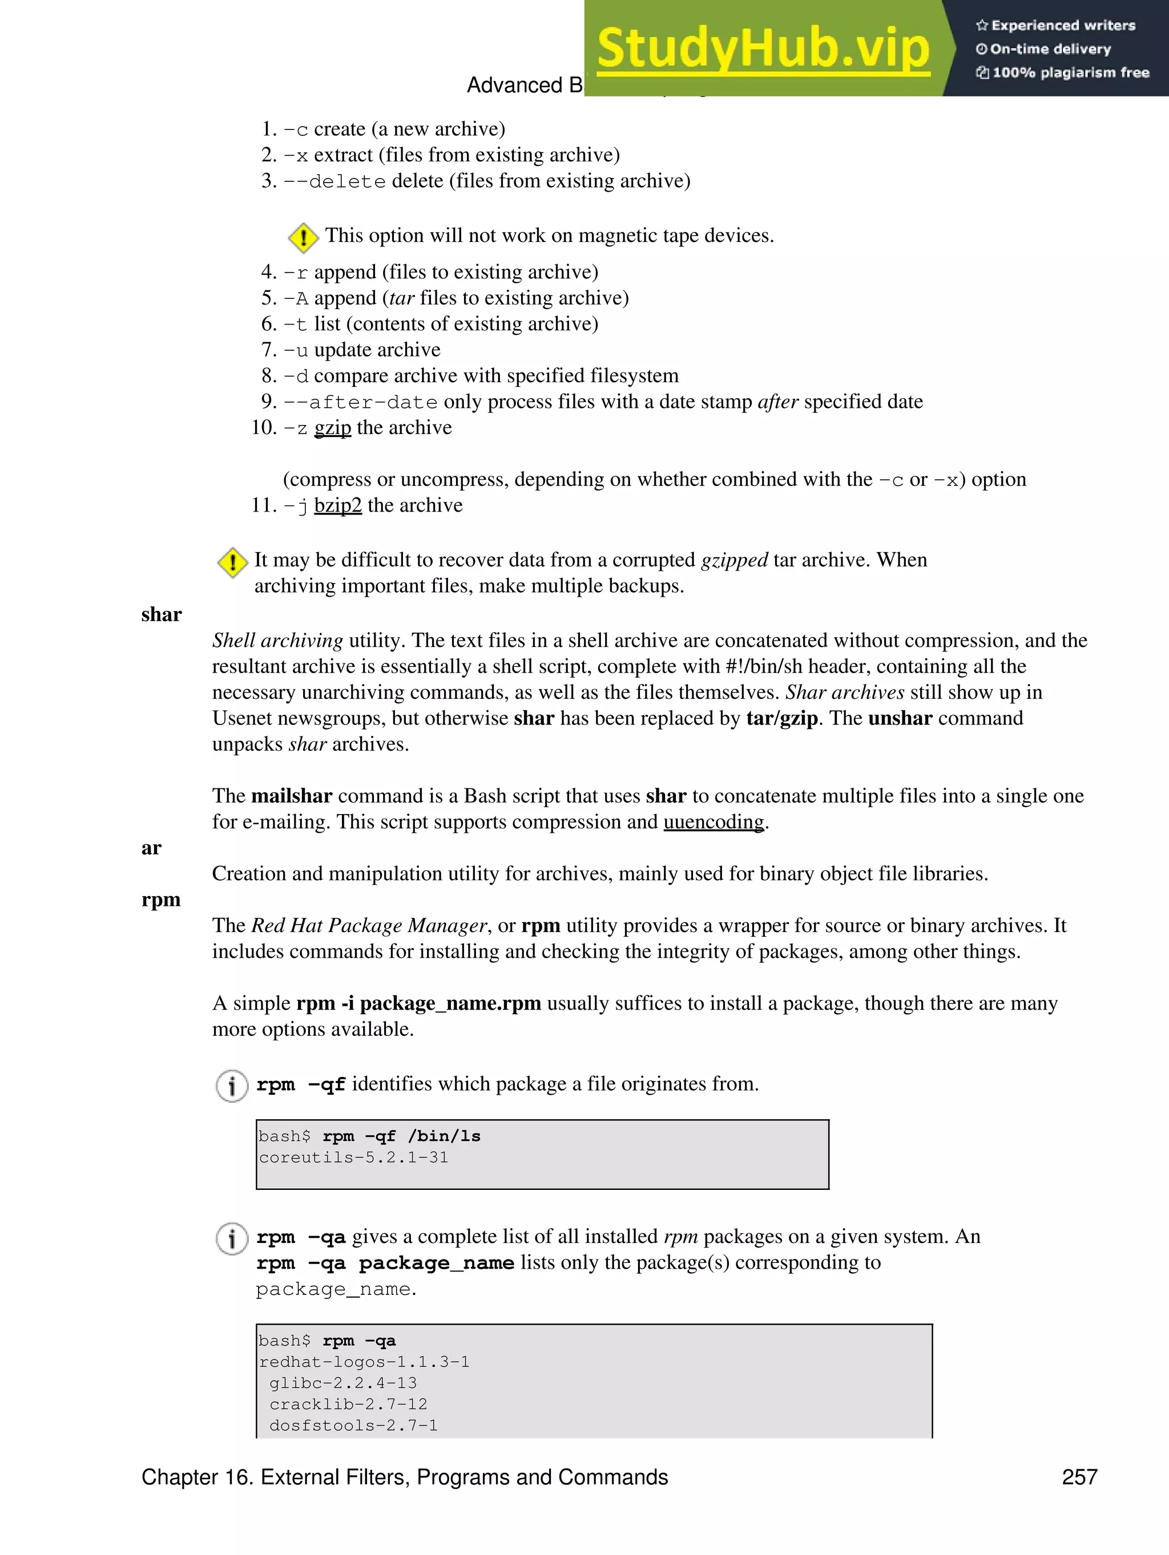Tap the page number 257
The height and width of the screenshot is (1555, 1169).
[x=1079, y=1476]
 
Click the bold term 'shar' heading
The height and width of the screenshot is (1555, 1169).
[x=161, y=614]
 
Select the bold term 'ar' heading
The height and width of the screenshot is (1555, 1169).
[x=151, y=848]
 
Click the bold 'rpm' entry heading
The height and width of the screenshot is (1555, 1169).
[x=161, y=900]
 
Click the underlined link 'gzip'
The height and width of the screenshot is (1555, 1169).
[x=332, y=427]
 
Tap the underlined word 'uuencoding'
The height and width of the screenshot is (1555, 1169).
[x=714, y=822]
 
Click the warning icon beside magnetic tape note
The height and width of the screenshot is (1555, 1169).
[x=303, y=238]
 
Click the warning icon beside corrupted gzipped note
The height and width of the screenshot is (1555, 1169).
[x=232, y=562]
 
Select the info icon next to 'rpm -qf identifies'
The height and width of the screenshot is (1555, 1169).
[x=231, y=1086]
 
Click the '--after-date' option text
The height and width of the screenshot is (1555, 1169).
[x=360, y=402]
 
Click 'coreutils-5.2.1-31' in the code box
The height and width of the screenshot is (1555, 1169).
[x=353, y=1157]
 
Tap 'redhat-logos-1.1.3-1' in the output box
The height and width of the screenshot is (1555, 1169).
[x=364, y=1362]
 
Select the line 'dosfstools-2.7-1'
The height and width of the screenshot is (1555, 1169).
[x=353, y=1425]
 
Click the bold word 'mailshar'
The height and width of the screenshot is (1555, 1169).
[x=291, y=796]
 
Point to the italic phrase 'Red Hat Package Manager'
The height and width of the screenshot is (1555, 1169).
[x=369, y=926]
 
